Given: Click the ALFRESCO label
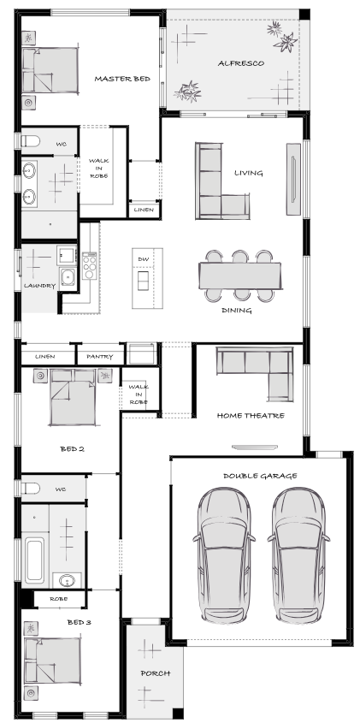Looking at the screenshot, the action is tap(241, 63).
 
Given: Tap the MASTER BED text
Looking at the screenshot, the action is tap(122, 79).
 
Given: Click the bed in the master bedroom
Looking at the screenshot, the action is tap(50, 69).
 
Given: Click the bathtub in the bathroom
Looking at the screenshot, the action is tap(35, 560).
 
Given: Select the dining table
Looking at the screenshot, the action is tap(239, 276).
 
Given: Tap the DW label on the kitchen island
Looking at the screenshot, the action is tap(144, 259).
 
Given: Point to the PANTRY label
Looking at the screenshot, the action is tap(99, 357).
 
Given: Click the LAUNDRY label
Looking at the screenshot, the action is tap(39, 286).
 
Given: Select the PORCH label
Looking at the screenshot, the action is tap(156, 673).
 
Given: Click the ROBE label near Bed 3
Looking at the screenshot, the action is tap(58, 599).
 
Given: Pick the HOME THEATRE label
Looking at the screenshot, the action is tap(251, 416).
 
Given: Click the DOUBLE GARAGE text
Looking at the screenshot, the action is tap(260, 476).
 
